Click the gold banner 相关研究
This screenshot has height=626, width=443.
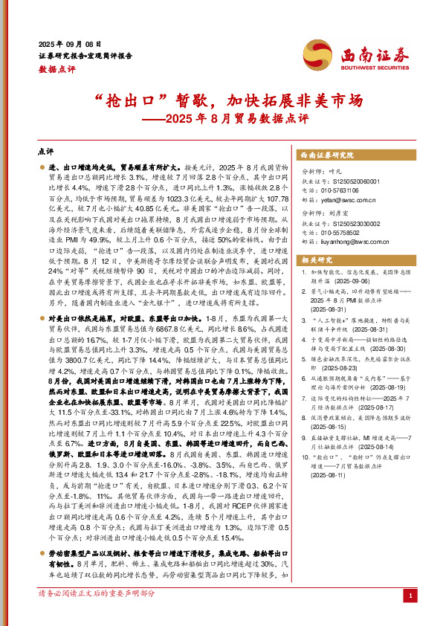pyautogui.click(x=315, y=259)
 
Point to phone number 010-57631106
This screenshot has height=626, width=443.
pyautogui.click(x=348, y=190)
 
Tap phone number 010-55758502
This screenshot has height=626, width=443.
pyautogui.click(x=348, y=230)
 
